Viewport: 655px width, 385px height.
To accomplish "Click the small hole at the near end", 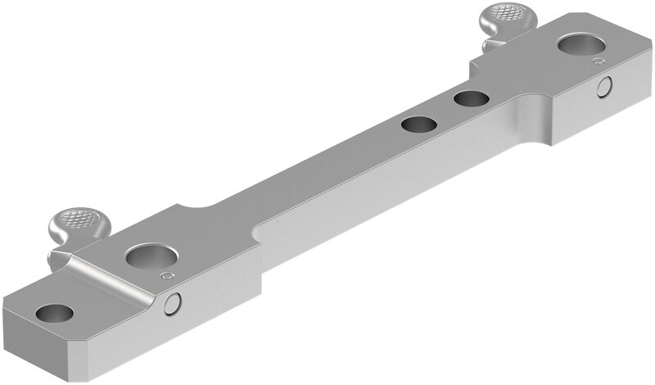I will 53,312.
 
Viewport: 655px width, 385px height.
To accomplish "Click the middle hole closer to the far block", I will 472,100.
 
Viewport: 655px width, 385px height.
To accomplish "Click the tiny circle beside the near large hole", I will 169,276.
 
